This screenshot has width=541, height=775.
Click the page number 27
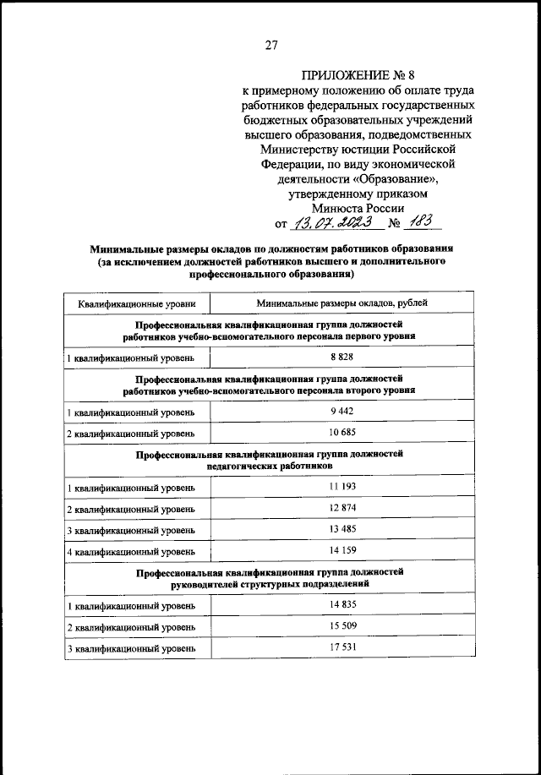(x=271, y=46)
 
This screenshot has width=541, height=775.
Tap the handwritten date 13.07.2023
(x=325, y=224)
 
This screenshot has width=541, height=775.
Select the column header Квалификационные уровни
(x=137, y=303)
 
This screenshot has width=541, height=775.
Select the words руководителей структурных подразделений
(x=269, y=583)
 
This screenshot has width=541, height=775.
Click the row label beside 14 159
(x=132, y=552)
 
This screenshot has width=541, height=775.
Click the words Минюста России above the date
(x=358, y=208)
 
